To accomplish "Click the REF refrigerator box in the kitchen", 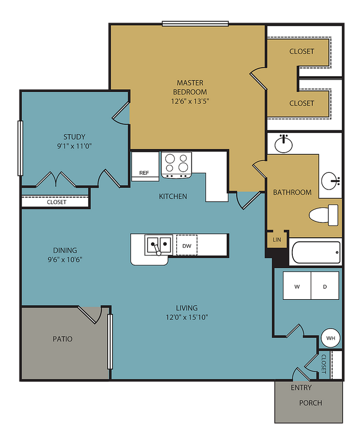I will pyautogui.click(x=144, y=166).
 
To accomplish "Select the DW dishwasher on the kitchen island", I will pyautogui.click(x=187, y=245).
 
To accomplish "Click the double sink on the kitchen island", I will pyautogui.click(x=158, y=245).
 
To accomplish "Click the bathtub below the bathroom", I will pyautogui.click(x=315, y=253).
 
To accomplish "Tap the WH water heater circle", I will pyautogui.click(x=331, y=338).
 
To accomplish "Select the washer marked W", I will pyautogui.click(x=297, y=286).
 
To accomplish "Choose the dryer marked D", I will pyautogui.click(x=325, y=286).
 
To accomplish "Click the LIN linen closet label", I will pyautogui.click(x=277, y=239).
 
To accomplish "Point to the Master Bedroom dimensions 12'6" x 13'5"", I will pyautogui.click(x=189, y=102).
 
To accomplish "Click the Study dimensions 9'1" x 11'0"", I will pyautogui.click(x=74, y=146).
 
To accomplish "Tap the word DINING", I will pyautogui.click(x=65, y=250).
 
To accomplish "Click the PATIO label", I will pyautogui.click(x=62, y=339).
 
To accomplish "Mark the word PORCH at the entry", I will pyautogui.click(x=311, y=403).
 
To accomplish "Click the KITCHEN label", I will pyautogui.click(x=173, y=197).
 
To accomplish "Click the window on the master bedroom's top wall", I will pyautogui.click(x=195, y=23).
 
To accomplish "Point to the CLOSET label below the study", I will pyautogui.click(x=57, y=202).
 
